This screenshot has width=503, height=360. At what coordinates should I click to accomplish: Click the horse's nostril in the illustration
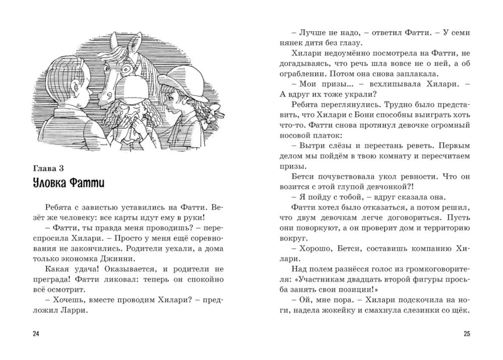(x=102, y=94)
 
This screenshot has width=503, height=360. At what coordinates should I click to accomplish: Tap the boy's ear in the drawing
(x=75, y=91)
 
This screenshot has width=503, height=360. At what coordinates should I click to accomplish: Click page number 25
(x=466, y=333)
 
